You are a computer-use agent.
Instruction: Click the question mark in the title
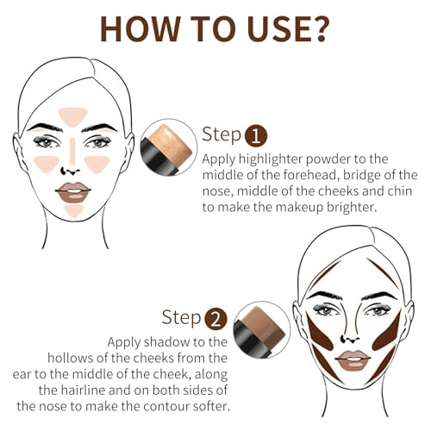pos(315,28)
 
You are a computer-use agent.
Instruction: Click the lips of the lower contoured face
pos(353,358)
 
